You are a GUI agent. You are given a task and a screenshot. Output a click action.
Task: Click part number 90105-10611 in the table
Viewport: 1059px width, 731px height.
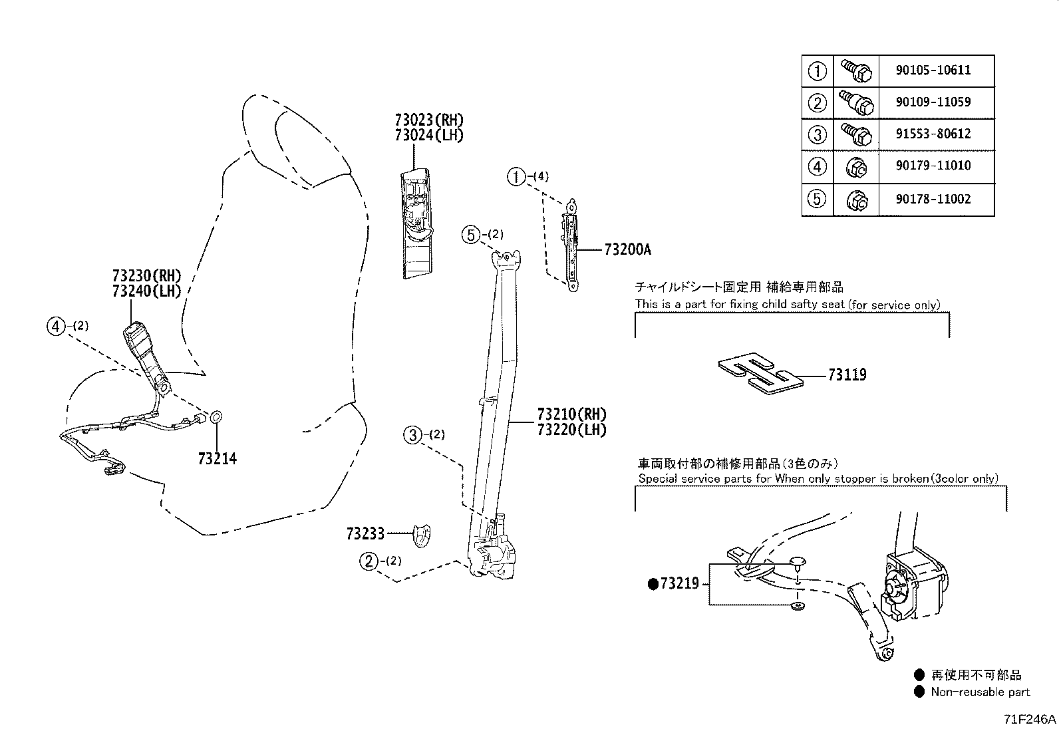point(933,70)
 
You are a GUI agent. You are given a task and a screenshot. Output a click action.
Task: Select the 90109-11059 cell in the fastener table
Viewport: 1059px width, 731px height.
point(933,102)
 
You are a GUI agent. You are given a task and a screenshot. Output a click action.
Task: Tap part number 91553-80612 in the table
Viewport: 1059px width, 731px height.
point(933,134)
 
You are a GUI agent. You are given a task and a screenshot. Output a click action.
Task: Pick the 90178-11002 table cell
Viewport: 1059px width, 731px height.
point(933,199)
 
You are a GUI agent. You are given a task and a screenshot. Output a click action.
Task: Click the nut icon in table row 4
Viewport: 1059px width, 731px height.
point(855,168)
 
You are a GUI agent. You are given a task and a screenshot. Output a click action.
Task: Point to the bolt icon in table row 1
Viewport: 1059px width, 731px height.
point(855,71)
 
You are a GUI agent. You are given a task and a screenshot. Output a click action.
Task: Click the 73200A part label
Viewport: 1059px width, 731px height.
point(627,249)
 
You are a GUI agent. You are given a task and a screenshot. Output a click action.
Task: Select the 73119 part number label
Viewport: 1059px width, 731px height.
point(847,375)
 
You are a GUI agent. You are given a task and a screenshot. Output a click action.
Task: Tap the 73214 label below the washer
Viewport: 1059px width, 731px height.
point(218,458)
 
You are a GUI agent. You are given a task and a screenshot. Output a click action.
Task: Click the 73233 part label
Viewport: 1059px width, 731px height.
point(365,534)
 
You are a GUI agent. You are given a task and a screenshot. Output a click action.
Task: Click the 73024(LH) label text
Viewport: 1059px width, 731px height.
point(429,135)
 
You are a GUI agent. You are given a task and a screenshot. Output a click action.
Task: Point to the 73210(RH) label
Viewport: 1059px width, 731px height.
point(571,414)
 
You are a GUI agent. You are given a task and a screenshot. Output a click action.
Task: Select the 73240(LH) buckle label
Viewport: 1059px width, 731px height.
point(146,291)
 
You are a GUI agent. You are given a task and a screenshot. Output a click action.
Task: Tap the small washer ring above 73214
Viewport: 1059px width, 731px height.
point(216,417)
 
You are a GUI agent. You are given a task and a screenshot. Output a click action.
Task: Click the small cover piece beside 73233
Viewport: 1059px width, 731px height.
point(422,535)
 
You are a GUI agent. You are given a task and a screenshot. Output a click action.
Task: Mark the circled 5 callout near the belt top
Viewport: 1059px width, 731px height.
point(471,235)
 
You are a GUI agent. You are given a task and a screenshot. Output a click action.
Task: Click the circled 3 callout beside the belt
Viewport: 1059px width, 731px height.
point(412,435)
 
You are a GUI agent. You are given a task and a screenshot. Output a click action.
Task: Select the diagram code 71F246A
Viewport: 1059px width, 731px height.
point(1030,719)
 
